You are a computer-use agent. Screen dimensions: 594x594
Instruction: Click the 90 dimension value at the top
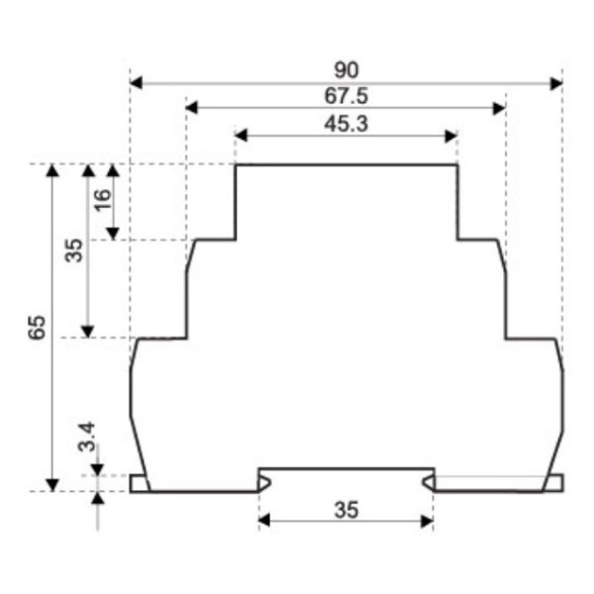pyautogui.click(x=346, y=70)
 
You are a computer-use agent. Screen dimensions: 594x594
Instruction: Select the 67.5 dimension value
pyautogui.click(x=346, y=96)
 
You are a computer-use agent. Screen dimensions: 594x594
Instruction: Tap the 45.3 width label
pyautogui.click(x=346, y=124)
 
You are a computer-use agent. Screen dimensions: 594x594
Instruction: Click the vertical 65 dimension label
pyautogui.click(x=37, y=328)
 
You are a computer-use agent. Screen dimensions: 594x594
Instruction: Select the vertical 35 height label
pyautogui.click(x=73, y=250)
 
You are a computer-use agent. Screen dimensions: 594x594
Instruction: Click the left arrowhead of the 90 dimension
pyautogui.click(x=138, y=82)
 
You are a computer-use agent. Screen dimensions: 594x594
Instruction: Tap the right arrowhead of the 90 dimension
pyautogui.click(x=555, y=82)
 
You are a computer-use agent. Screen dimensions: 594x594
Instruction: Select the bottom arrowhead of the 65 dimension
pyautogui.click(x=53, y=484)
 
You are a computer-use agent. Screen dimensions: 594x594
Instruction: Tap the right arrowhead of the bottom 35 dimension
pyautogui.click(x=427, y=521)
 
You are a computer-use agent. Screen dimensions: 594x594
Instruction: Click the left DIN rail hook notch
pyautogui.click(x=266, y=482)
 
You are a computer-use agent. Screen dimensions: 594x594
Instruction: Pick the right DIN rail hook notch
pyautogui.click(x=427, y=482)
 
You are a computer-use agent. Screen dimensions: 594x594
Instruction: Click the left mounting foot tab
pyautogui.click(x=139, y=483)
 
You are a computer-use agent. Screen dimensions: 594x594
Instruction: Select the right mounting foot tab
pyautogui.click(x=553, y=483)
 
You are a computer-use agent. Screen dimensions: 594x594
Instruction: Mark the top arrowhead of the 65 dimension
pyautogui.click(x=53, y=171)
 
